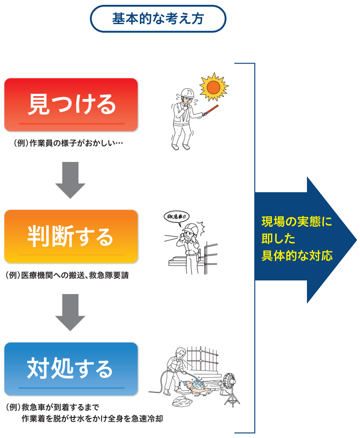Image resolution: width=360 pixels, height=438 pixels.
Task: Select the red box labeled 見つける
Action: [x=71, y=104]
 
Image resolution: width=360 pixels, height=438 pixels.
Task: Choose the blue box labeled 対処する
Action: [x=71, y=369]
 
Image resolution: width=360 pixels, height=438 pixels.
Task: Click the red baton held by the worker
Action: [x=212, y=109]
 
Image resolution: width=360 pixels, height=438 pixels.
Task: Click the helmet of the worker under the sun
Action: [x=188, y=91]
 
